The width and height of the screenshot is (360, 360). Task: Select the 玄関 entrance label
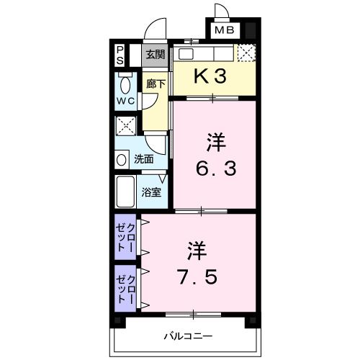tap(155, 53)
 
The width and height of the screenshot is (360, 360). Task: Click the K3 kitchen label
tap(212, 77)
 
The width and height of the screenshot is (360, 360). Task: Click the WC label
tap(125, 100)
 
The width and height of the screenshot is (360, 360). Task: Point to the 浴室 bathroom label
tap(151, 192)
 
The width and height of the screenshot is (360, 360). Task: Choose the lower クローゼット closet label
tap(127, 287)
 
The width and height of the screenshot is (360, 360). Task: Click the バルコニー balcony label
tap(187, 336)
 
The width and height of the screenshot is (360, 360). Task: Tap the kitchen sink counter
tap(205, 53)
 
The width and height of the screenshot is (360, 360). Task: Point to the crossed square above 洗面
tap(126, 128)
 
